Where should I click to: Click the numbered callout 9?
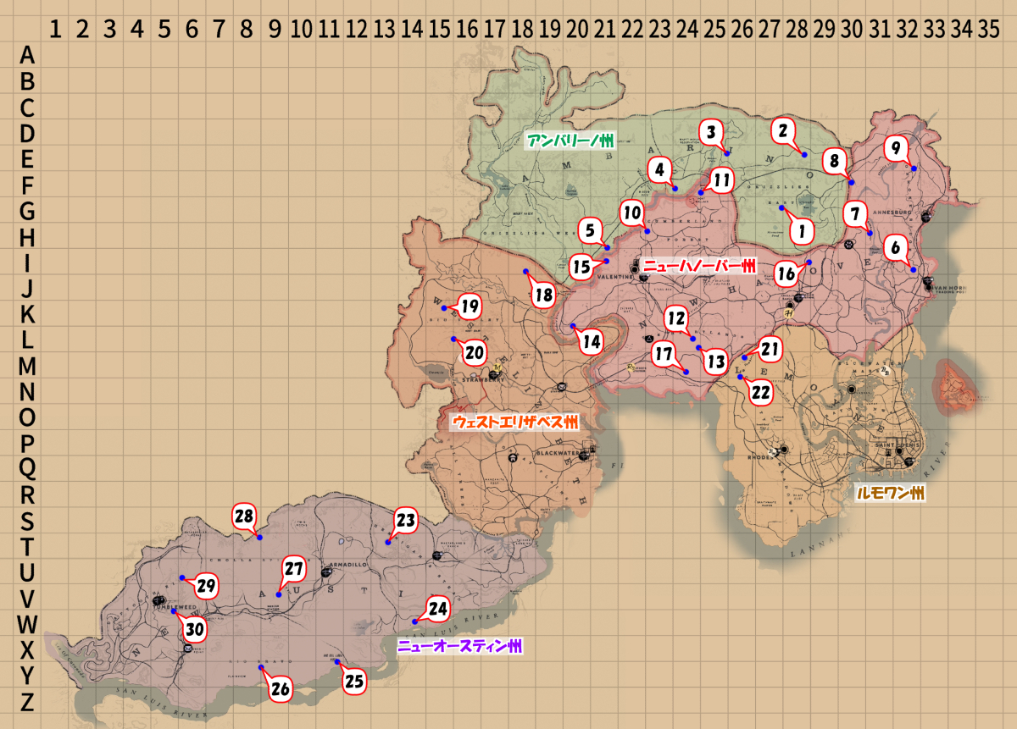(x=894, y=148)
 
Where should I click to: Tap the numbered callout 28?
(x=244, y=516)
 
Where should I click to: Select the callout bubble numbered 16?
(x=786, y=273)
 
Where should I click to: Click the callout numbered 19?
(x=468, y=307)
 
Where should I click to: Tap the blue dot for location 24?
(x=414, y=622)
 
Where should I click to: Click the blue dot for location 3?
(x=726, y=153)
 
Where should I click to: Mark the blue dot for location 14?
(x=572, y=326)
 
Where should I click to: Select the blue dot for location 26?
(x=261, y=669)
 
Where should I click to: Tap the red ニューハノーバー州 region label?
(x=698, y=266)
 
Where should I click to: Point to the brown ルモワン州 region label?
(x=890, y=494)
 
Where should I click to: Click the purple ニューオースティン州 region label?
(x=459, y=647)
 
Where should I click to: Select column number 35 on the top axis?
(x=987, y=31)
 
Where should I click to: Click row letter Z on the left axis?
(x=27, y=702)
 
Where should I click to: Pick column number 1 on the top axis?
(x=55, y=31)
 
